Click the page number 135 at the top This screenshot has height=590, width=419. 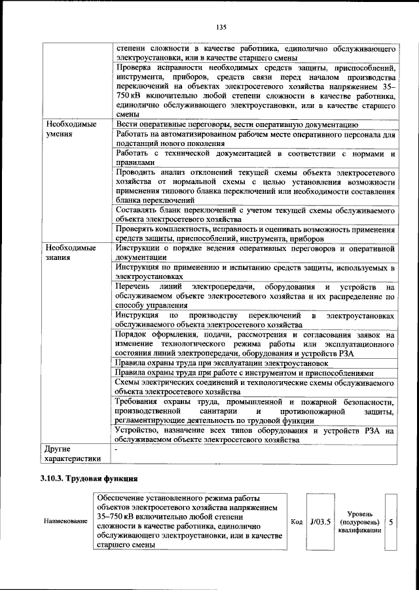220,27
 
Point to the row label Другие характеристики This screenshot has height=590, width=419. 73,453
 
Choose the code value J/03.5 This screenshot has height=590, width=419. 321,521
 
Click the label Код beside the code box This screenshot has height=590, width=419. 296,521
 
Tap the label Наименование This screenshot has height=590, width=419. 65,521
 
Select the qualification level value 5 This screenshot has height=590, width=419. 391,521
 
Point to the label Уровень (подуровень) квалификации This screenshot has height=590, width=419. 359,521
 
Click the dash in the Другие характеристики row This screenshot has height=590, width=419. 117,449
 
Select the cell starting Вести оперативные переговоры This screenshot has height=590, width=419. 236,123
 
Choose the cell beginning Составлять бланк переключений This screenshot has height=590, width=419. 255,214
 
